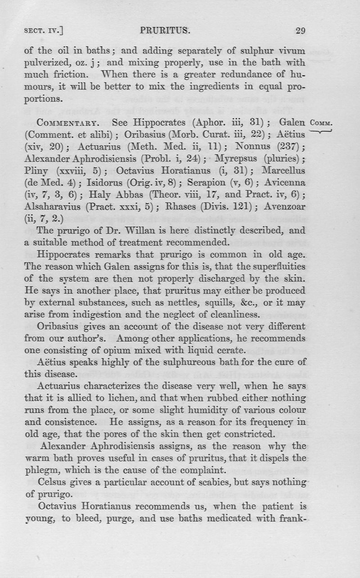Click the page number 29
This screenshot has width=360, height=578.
pyautogui.click(x=300, y=31)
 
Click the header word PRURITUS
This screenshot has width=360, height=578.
pyautogui.click(x=166, y=31)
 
